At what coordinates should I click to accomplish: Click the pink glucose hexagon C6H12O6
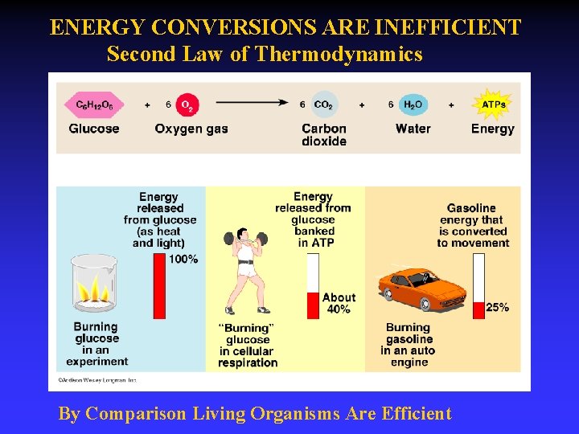coord(94,104)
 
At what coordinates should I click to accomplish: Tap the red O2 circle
coord(186,105)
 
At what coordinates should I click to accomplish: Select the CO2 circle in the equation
coord(323,104)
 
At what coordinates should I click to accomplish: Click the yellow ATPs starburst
coord(492,104)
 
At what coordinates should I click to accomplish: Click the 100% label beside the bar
coord(183,259)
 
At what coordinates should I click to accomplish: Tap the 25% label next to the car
coord(497,307)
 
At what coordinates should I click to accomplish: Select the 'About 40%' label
coord(339,303)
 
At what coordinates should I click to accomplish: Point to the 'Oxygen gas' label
coord(191,129)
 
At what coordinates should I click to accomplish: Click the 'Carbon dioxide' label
coord(324,135)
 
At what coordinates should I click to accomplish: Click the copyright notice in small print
coord(96,379)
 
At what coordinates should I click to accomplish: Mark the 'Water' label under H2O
coord(413,129)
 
